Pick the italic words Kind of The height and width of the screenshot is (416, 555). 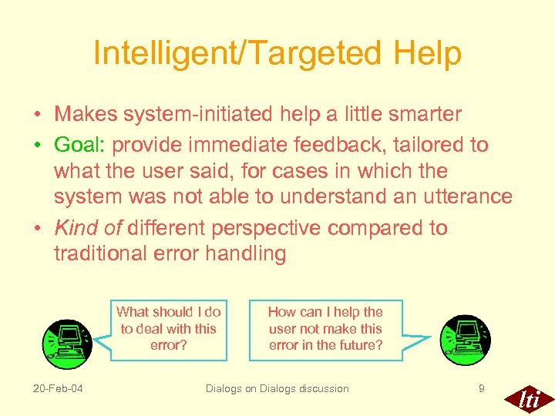[88, 228]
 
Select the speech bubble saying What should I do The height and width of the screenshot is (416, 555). [168, 329]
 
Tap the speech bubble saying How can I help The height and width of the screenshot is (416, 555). [325, 329]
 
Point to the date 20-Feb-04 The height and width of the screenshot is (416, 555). [59, 388]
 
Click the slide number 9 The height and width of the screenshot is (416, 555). [482, 388]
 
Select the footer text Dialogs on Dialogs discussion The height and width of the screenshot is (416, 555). [277, 388]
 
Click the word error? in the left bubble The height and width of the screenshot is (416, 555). [168, 345]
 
